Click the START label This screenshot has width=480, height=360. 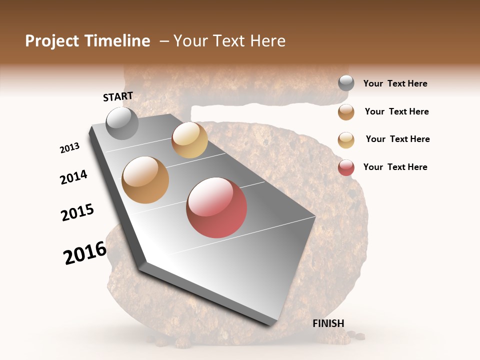[118, 96]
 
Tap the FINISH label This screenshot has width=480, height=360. [328, 323]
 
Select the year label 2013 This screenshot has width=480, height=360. [69, 148]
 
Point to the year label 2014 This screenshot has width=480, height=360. [73, 177]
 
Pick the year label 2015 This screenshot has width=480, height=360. [77, 212]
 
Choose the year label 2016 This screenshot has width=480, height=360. [85, 252]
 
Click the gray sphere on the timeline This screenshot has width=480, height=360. [122, 123]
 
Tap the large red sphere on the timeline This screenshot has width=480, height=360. [216, 207]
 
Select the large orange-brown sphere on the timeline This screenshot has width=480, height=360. [145, 180]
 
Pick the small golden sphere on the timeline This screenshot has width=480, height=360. [189, 140]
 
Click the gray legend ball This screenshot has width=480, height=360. [346, 83]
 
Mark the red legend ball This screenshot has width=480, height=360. [346, 167]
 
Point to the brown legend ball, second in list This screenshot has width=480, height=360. [346, 112]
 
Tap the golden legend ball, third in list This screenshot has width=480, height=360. [346, 140]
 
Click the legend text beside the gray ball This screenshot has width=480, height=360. [395, 83]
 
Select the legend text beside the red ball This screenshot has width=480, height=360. [395, 167]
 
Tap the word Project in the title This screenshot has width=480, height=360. [52, 41]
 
